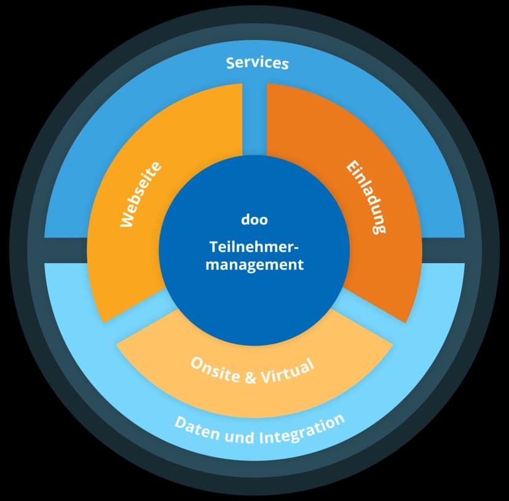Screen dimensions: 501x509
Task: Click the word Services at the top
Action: [x=257, y=63]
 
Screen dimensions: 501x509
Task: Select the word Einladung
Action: [x=367, y=197]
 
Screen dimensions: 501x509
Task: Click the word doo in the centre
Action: [x=254, y=219]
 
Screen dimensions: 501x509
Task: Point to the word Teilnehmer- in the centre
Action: [x=253, y=247]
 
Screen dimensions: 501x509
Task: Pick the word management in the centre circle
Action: [x=254, y=265]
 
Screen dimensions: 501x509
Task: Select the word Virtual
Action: [x=286, y=371]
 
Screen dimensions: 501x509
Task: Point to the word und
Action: [x=240, y=438]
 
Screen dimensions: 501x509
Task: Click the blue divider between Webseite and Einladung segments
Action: [x=254, y=117]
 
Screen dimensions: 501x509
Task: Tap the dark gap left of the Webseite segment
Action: [x=65, y=250]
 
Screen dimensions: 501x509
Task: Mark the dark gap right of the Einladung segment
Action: [x=443, y=250]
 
